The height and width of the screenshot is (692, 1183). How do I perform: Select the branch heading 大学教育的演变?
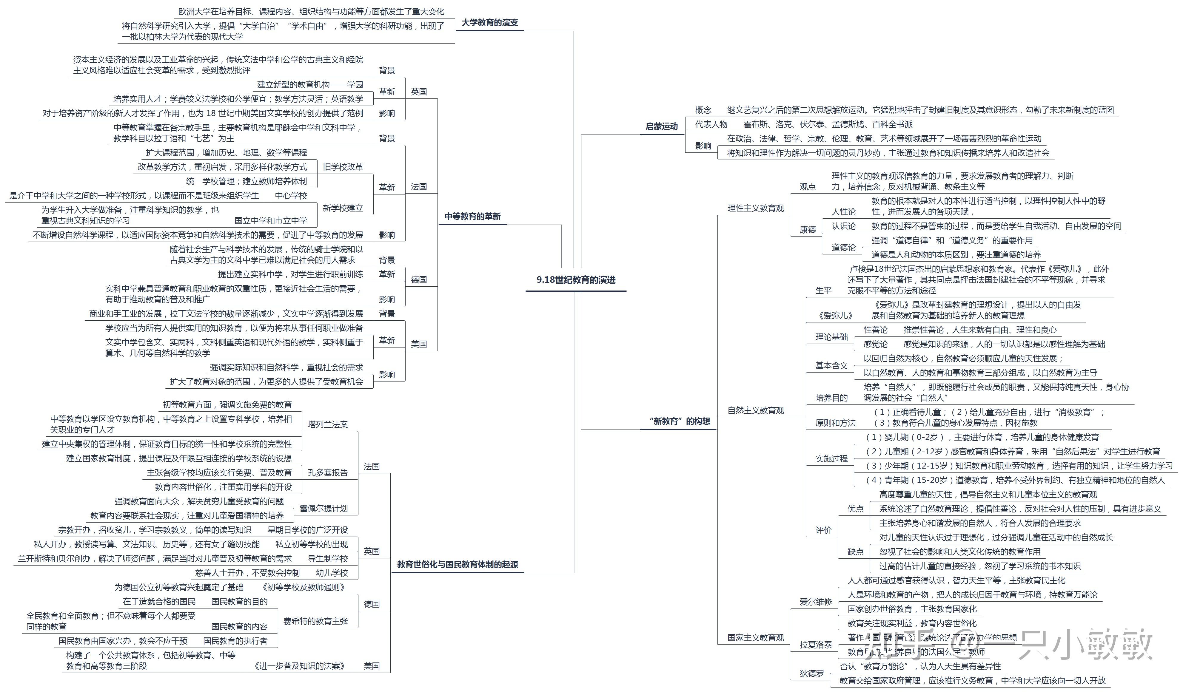tap(490, 22)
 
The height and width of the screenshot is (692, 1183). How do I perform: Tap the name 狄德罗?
tap(812, 674)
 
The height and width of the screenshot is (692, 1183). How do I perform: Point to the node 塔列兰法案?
tap(328, 424)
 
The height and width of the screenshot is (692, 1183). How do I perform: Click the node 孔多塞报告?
tap(328, 473)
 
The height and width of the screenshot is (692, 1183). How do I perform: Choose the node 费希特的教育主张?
tap(315, 621)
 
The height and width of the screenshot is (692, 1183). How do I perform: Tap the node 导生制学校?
tap(328, 559)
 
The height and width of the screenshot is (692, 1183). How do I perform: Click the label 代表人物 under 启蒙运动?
tap(711, 124)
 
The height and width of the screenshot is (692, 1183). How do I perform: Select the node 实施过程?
tap(831, 459)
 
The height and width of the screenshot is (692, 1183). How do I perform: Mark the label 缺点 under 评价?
tap(855, 552)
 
